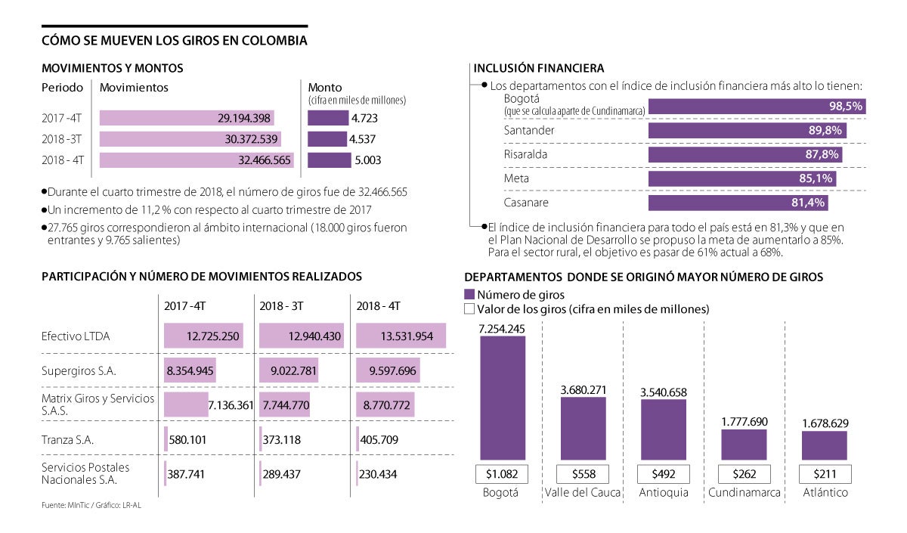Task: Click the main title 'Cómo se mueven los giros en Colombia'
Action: [x=174, y=41]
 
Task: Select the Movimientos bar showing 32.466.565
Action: [x=197, y=160]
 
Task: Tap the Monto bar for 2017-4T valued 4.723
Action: [x=327, y=118]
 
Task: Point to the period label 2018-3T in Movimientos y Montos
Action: [x=63, y=139]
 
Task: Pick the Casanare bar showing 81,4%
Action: [x=738, y=203]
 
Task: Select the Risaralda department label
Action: [x=526, y=154]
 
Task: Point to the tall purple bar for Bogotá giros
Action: [x=502, y=398]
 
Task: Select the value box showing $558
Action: [x=582, y=474]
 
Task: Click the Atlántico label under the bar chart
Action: [x=825, y=493]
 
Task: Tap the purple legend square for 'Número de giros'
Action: [x=469, y=295]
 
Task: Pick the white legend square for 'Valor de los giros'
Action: [x=469, y=309]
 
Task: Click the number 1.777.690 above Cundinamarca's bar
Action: [x=744, y=420]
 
